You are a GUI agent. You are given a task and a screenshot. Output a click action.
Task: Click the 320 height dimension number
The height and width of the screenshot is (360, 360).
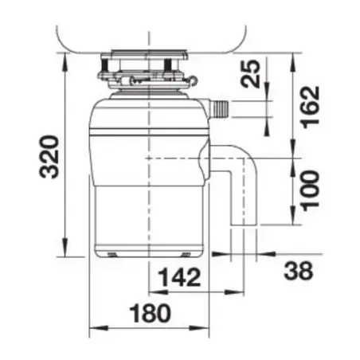coord(49,157)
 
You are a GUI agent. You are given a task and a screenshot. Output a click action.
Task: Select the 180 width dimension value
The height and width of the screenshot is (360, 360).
coord(151,313)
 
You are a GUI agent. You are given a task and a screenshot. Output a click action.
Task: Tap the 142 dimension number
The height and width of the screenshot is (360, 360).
coord(179,277)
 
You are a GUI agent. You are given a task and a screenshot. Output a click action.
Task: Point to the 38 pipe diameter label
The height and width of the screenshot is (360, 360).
coord(299,271)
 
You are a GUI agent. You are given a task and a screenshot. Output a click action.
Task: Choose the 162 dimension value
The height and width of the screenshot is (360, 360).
coord(311,107)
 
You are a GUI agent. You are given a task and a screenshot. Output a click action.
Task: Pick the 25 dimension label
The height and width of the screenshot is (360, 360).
coord(250,74)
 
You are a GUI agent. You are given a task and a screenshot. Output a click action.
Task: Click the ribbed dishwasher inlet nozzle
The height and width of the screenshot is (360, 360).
coord(220,108)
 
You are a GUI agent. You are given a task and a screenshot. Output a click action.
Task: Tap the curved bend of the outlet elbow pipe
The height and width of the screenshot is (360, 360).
coord(248,156)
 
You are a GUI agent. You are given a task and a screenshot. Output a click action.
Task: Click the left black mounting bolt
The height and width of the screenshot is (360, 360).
coord(104,65)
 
